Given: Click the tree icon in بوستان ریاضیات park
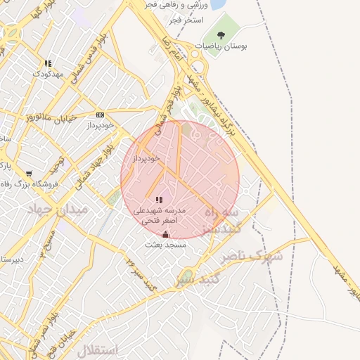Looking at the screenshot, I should (x=221, y=34).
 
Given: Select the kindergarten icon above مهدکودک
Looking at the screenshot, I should (x=48, y=63).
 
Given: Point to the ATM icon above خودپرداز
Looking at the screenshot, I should (x=100, y=115).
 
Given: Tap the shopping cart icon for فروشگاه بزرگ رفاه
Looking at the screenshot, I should (x=28, y=174).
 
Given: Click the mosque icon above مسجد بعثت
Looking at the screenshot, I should (x=166, y=234).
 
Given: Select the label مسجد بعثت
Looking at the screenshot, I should (x=166, y=245).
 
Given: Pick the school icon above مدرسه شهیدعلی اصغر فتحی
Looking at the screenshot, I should (x=160, y=200).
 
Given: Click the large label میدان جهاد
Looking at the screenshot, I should (x=56, y=210).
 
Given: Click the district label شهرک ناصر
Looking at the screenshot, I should (x=251, y=257).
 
